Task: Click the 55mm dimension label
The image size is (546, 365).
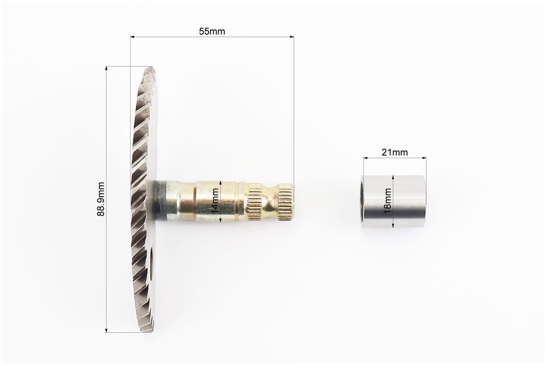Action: pyautogui.click(x=212, y=31)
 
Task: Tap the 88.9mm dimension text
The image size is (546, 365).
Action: pyautogui.click(x=101, y=199)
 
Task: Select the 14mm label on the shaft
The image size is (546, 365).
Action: pyautogui.click(x=215, y=201)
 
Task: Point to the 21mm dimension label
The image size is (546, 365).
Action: pyautogui.click(x=394, y=152)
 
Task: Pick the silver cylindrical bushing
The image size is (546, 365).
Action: pyautogui.click(x=394, y=202)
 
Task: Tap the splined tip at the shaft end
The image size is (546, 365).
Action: pyautogui.click(x=285, y=201)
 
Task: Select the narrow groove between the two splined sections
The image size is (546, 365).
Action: pyautogui.click(x=269, y=201)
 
